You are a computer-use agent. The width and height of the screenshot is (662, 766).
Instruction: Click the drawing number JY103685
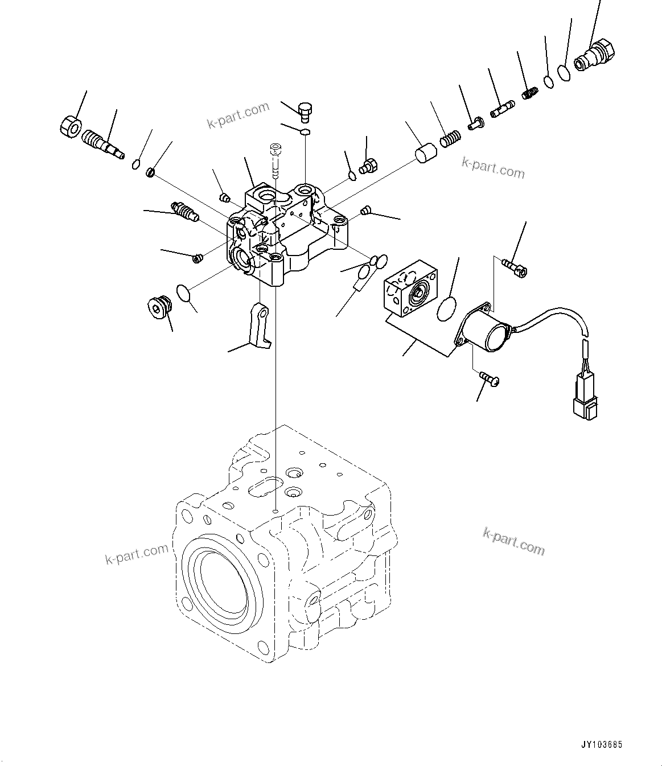(602, 744)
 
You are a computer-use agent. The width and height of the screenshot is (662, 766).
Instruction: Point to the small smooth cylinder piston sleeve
(424, 154)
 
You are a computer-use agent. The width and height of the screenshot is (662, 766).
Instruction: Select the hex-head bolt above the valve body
(306, 110)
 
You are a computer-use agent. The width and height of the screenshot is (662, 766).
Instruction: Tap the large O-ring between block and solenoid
(447, 308)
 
